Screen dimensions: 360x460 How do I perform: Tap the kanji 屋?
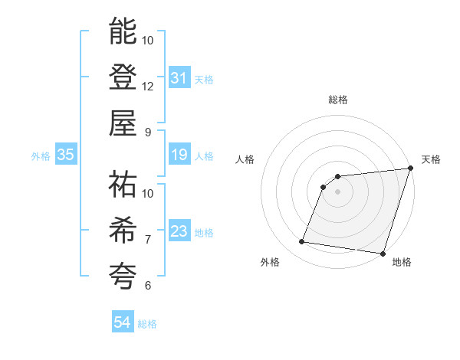pos(123,123)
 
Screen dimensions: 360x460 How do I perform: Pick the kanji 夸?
pos(123,275)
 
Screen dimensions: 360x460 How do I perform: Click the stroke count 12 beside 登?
pos(148,86)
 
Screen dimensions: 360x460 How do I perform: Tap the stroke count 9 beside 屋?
pos(148,132)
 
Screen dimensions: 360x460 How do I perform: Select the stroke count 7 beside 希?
pos(148,239)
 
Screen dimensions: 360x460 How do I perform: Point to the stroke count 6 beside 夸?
pos(148,285)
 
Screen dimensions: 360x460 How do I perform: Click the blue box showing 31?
pos(179,78)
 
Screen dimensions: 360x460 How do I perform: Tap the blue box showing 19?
pos(179,155)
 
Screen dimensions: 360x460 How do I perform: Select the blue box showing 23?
pos(179,231)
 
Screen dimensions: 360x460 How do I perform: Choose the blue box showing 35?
pos(65,155)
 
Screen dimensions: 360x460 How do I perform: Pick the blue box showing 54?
pos(122,323)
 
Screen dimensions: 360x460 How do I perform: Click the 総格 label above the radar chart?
pos(338,100)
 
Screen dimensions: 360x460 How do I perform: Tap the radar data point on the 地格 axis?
pos(382,253)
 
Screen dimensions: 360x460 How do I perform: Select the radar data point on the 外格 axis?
pos(302,242)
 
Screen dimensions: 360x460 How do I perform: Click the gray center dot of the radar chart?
pos(338,191)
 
